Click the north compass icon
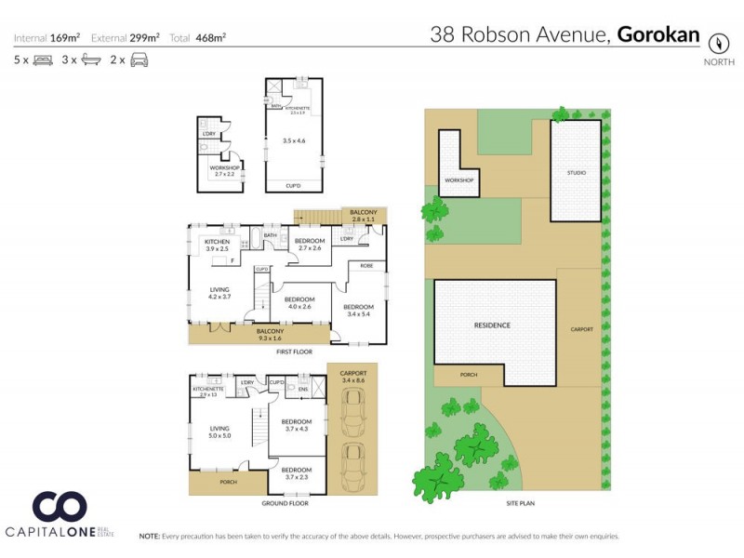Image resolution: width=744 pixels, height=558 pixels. (717, 42)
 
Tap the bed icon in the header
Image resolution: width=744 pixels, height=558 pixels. (43, 60)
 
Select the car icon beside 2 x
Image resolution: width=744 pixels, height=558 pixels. (139, 60)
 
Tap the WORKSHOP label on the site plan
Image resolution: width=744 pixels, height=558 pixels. (459, 179)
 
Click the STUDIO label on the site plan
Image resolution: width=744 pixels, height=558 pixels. (578, 172)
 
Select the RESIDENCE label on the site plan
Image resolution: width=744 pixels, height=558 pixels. (492, 325)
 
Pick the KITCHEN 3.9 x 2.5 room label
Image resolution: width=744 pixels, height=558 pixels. (217, 246)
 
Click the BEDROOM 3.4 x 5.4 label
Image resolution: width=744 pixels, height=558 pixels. (358, 311)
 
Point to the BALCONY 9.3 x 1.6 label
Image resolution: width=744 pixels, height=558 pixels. (270, 334)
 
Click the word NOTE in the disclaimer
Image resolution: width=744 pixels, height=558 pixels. (149, 537)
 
